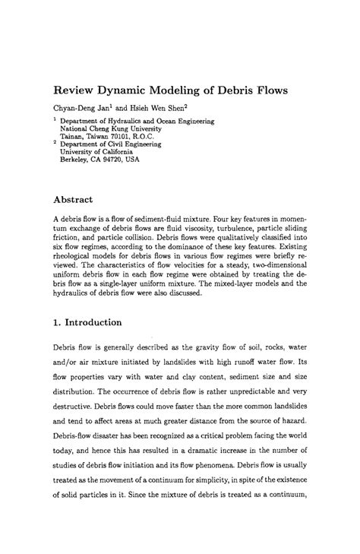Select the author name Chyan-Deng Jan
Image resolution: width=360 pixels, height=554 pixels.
point(81,108)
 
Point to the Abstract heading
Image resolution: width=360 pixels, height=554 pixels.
point(71,200)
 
